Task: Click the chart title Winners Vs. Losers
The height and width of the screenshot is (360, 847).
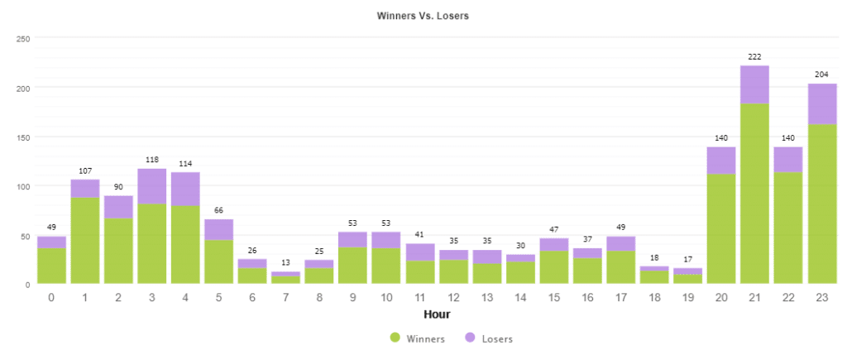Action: pos(423,16)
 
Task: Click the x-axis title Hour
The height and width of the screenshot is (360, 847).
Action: pos(436,314)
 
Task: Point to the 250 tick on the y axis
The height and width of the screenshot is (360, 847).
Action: pos(23,38)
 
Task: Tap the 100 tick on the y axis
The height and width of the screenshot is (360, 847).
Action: pos(23,186)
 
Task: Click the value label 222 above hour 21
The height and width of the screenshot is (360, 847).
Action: pos(754,55)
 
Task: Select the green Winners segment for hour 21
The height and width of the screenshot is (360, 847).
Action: pos(754,194)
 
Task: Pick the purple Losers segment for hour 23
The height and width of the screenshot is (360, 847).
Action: pos(821,104)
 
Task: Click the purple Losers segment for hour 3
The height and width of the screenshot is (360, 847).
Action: pos(152,186)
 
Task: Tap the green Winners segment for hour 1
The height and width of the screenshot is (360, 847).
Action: pos(85,240)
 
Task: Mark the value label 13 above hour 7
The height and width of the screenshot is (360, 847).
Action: pos(285,262)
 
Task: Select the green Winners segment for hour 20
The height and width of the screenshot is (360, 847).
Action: pos(721,228)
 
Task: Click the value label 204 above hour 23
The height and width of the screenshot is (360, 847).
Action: pos(821,74)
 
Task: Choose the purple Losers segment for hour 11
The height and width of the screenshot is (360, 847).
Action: pos(420,252)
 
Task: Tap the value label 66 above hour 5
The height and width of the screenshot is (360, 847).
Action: pos(218,210)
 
